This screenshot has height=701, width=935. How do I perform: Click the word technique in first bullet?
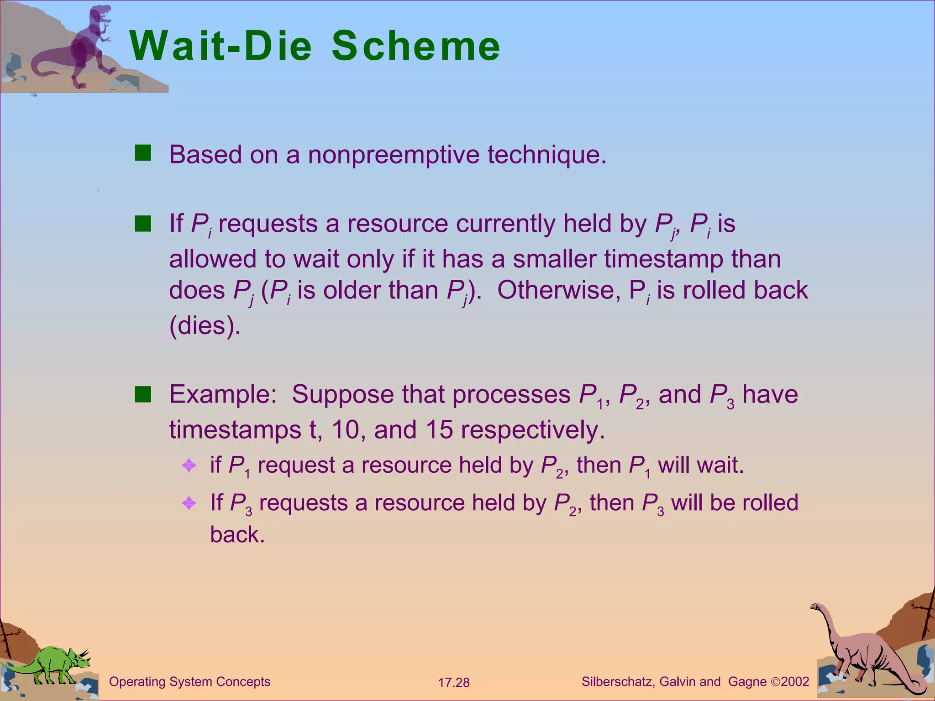pos(546,155)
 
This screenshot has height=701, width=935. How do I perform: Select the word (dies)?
pos(205,325)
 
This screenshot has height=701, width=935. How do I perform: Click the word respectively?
pos(533,430)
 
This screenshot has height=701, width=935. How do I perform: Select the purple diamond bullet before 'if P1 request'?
pos(189,466)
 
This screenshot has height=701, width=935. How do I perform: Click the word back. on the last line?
pos(237,534)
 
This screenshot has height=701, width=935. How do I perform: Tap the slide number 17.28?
pos(454,683)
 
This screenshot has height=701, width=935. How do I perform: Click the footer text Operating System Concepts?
pos(189,682)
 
